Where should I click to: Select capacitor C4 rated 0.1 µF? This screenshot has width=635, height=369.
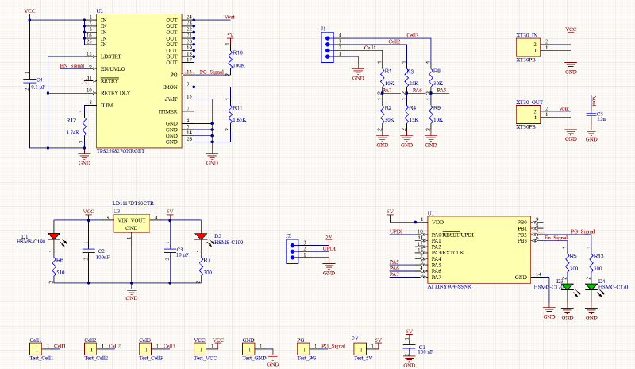(x=29, y=82)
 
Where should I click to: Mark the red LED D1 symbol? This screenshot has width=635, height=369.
(x=54, y=236)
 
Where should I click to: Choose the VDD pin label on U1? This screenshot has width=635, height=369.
(x=437, y=222)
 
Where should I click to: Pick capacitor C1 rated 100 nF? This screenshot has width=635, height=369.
(x=409, y=349)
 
